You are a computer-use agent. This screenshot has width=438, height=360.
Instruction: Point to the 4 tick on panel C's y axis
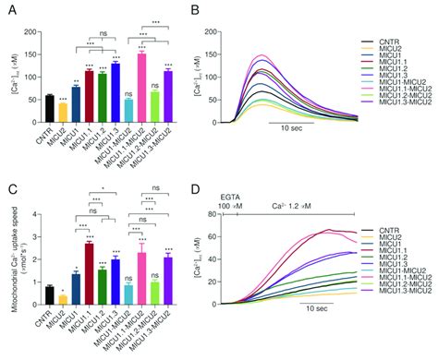[36, 215]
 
